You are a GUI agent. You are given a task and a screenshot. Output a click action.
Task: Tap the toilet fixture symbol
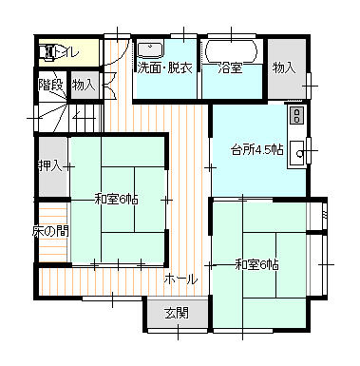click(x=47, y=52)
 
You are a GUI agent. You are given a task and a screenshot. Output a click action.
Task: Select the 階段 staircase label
click(x=51, y=85)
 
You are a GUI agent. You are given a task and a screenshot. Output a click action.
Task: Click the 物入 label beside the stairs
click(x=84, y=85)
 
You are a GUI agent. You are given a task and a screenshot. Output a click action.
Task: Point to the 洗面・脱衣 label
click(x=164, y=68)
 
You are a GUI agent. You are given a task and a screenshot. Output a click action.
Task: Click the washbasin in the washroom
click(x=150, y=49)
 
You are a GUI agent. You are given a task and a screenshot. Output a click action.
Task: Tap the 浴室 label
click(x=230, y=68)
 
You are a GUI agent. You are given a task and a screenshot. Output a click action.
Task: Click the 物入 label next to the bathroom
click(x=284, y=67)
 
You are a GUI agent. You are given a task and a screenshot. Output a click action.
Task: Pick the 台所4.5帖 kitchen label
click(x=257, y=149)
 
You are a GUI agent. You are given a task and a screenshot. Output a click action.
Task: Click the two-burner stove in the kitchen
click(x=297, y=115)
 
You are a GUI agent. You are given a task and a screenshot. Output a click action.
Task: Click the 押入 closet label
click(x=49, y=165)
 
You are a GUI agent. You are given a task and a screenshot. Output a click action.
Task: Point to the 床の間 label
click(x=50, y=232)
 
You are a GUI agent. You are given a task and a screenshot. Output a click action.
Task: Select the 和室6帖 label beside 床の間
click(x=117, y=200)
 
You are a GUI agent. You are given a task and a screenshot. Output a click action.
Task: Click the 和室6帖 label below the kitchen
click(x=256, y=264)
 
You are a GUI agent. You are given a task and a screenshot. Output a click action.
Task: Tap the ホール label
click(x=180, y=279)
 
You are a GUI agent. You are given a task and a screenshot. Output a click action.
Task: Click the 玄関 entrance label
click(x=177, y=313)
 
